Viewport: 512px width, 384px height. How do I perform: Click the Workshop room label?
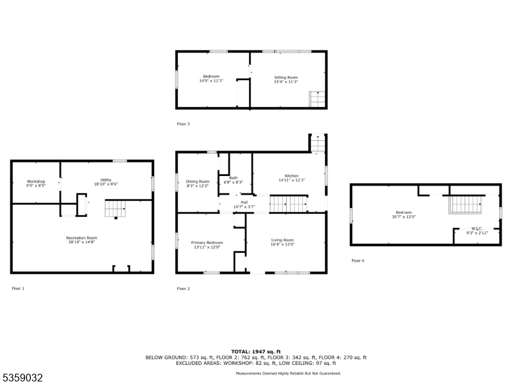pos(36,181)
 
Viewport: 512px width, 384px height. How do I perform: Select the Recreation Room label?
pos(81,237)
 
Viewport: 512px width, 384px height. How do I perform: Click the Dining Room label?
pos(198,181)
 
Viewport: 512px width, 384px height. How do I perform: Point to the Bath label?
pos(233,178)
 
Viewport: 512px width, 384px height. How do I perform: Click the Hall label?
pos(244,202)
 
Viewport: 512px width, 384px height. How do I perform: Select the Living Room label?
pos(282,239)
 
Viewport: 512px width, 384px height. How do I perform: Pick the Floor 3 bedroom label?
pos(211,76)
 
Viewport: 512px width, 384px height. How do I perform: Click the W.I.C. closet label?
pos(476,228)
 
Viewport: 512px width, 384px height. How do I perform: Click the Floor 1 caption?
pos(18,289)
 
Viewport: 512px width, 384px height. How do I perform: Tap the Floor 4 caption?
pos(358,260)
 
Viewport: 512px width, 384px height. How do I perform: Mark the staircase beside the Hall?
pos(289,204)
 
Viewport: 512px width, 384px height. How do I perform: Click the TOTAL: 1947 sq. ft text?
pos(256,351)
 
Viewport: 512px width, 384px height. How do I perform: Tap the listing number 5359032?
pos(22,378)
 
